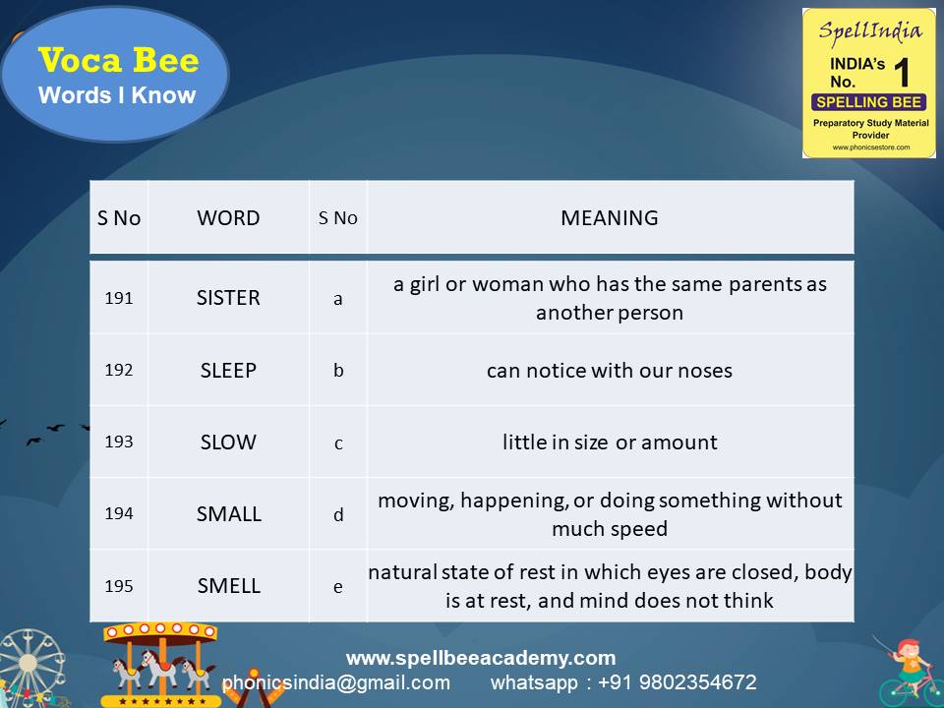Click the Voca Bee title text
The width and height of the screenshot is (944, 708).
pyautogui.click(x=118, y=61)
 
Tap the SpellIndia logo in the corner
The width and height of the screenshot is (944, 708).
pyautogui.click(x=868, y=83)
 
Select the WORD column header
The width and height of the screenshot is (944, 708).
pyautogui.click(x=228, y=218)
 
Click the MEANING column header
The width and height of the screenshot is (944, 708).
pyautogui.click(x=610, y=218)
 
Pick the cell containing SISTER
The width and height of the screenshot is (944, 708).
pyautogui.click(x=228, y=298)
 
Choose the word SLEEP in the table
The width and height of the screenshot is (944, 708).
pyautogui.click(x=228, y=371)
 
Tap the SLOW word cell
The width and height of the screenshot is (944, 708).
pyautogui.click(x=228, y=442)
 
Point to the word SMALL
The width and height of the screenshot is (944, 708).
pyautogui.click(x=228, y=513)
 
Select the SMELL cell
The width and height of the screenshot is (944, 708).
pyautogui.click(x=228, y=586)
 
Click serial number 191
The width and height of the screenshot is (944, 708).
pyautogui.click(x=119, y=298)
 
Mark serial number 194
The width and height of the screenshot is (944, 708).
pyautogui.click(x=119, y=513)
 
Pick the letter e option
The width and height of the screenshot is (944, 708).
pyautogui.click(x=338, y=587)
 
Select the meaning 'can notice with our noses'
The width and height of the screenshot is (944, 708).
pyautogui.click(x=610, y=371)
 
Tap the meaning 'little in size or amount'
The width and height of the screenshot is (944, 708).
pyautogui.click(x=610, y=442)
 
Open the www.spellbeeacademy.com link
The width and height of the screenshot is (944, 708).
pyautogui.click(x=481, y=658)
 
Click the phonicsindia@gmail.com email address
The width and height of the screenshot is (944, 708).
pyautogui.click(x=336, y=682)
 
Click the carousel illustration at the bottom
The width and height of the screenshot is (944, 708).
pyautogui.click(x=162, y=664)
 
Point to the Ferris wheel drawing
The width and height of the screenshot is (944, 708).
pyautogui.click(x=29, y=669)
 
